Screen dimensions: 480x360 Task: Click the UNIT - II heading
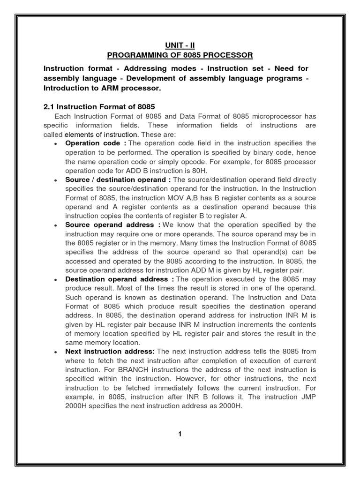pos(180,45)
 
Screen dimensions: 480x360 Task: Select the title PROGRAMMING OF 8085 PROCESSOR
pos(180,56)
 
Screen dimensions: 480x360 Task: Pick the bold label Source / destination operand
pos(118,180)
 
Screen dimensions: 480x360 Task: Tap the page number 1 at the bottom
pos(180,434)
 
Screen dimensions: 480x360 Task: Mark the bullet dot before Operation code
pos(56,144)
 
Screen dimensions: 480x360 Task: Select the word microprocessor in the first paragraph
pos(280,116)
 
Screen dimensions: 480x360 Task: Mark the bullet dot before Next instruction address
pos(56,352)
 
